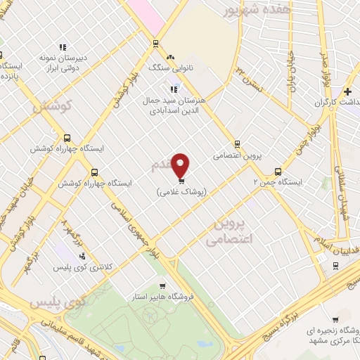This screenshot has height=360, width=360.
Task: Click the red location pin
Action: point(181,165)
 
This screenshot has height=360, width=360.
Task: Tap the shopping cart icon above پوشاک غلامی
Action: point(181,181)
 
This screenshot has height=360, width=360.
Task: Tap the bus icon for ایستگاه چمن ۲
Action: point(278,171)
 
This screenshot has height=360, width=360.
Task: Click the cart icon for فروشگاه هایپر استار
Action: point(162,286)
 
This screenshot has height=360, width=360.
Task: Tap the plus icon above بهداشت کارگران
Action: point(347,92)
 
